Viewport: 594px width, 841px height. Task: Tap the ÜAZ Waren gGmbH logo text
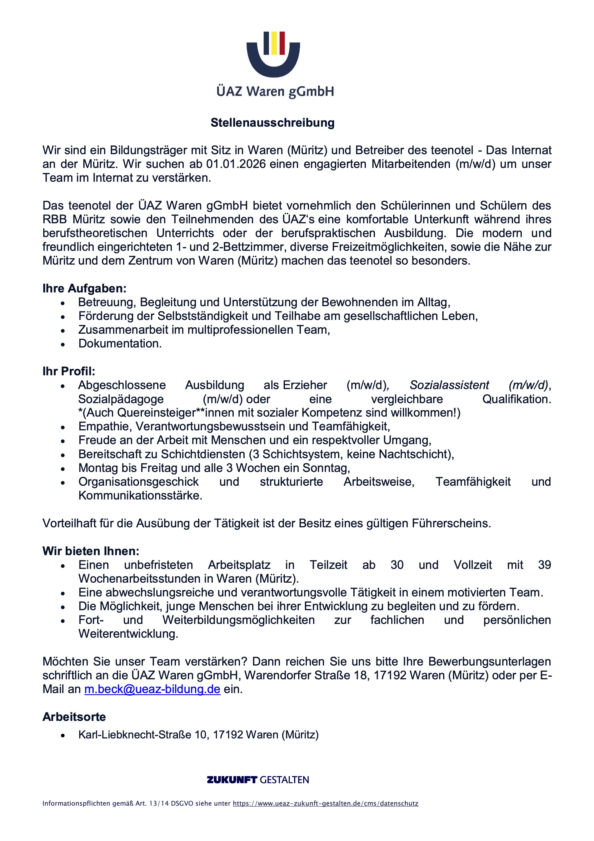275,91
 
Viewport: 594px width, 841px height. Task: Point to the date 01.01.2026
236,164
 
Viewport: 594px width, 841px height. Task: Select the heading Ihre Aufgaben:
84,288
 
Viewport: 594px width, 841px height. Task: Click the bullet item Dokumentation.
120,344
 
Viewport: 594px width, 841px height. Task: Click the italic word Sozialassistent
449,385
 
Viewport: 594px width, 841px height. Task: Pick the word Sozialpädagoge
121,399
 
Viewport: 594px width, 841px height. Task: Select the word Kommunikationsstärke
140,496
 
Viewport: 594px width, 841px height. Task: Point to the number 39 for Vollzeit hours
544,565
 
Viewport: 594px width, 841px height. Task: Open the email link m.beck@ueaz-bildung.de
152,689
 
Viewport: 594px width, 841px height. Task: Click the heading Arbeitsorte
74,717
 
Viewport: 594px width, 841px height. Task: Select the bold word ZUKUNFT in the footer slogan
232,780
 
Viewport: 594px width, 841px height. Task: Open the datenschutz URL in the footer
325,803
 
